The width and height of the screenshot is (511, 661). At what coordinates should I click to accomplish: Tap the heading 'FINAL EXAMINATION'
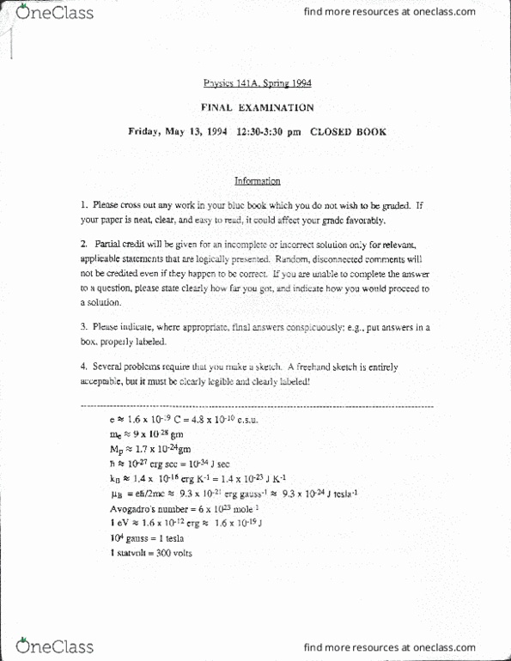[257, 108]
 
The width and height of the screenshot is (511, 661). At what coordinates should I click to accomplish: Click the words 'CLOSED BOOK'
[348, 132]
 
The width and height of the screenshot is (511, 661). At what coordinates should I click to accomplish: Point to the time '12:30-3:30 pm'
[266, 132]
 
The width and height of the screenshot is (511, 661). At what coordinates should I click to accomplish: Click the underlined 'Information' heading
[257, 181]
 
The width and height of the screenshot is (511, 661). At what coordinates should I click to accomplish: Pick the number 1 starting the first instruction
[82, 206]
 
